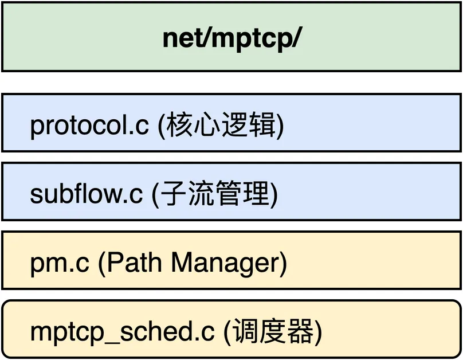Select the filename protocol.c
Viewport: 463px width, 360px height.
tap(89, 126)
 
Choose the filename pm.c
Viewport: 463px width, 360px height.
tap(59, 263)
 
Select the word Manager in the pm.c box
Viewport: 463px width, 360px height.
tap(223, 263)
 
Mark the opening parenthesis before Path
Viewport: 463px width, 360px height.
tap(101, 263)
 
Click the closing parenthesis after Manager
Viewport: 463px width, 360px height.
tap(282, 263)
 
